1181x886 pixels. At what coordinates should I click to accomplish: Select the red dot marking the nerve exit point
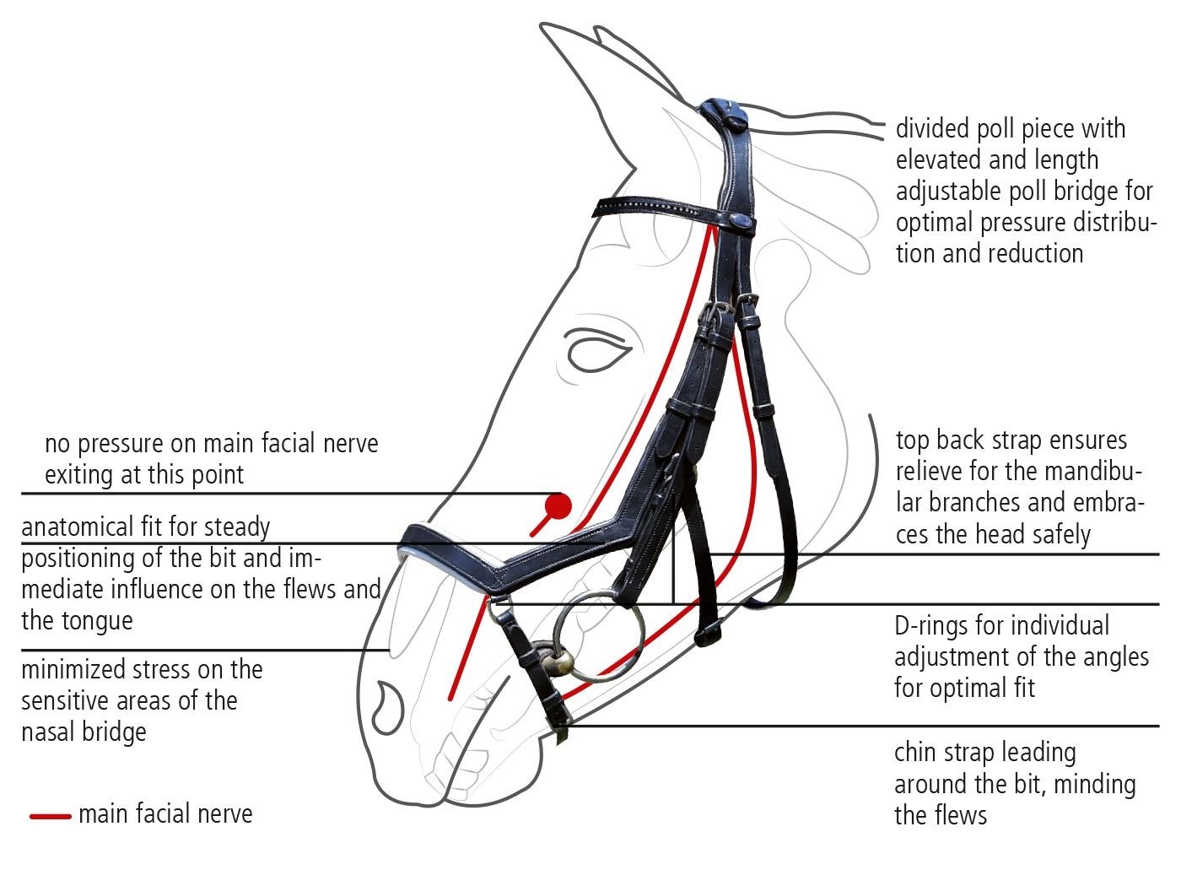click(558, 506)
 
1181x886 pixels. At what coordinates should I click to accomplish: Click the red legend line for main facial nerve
click(51, 816)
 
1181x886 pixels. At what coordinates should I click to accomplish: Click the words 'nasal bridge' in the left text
click(84, 732)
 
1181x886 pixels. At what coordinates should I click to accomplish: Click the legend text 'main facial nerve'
click(165, 814)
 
